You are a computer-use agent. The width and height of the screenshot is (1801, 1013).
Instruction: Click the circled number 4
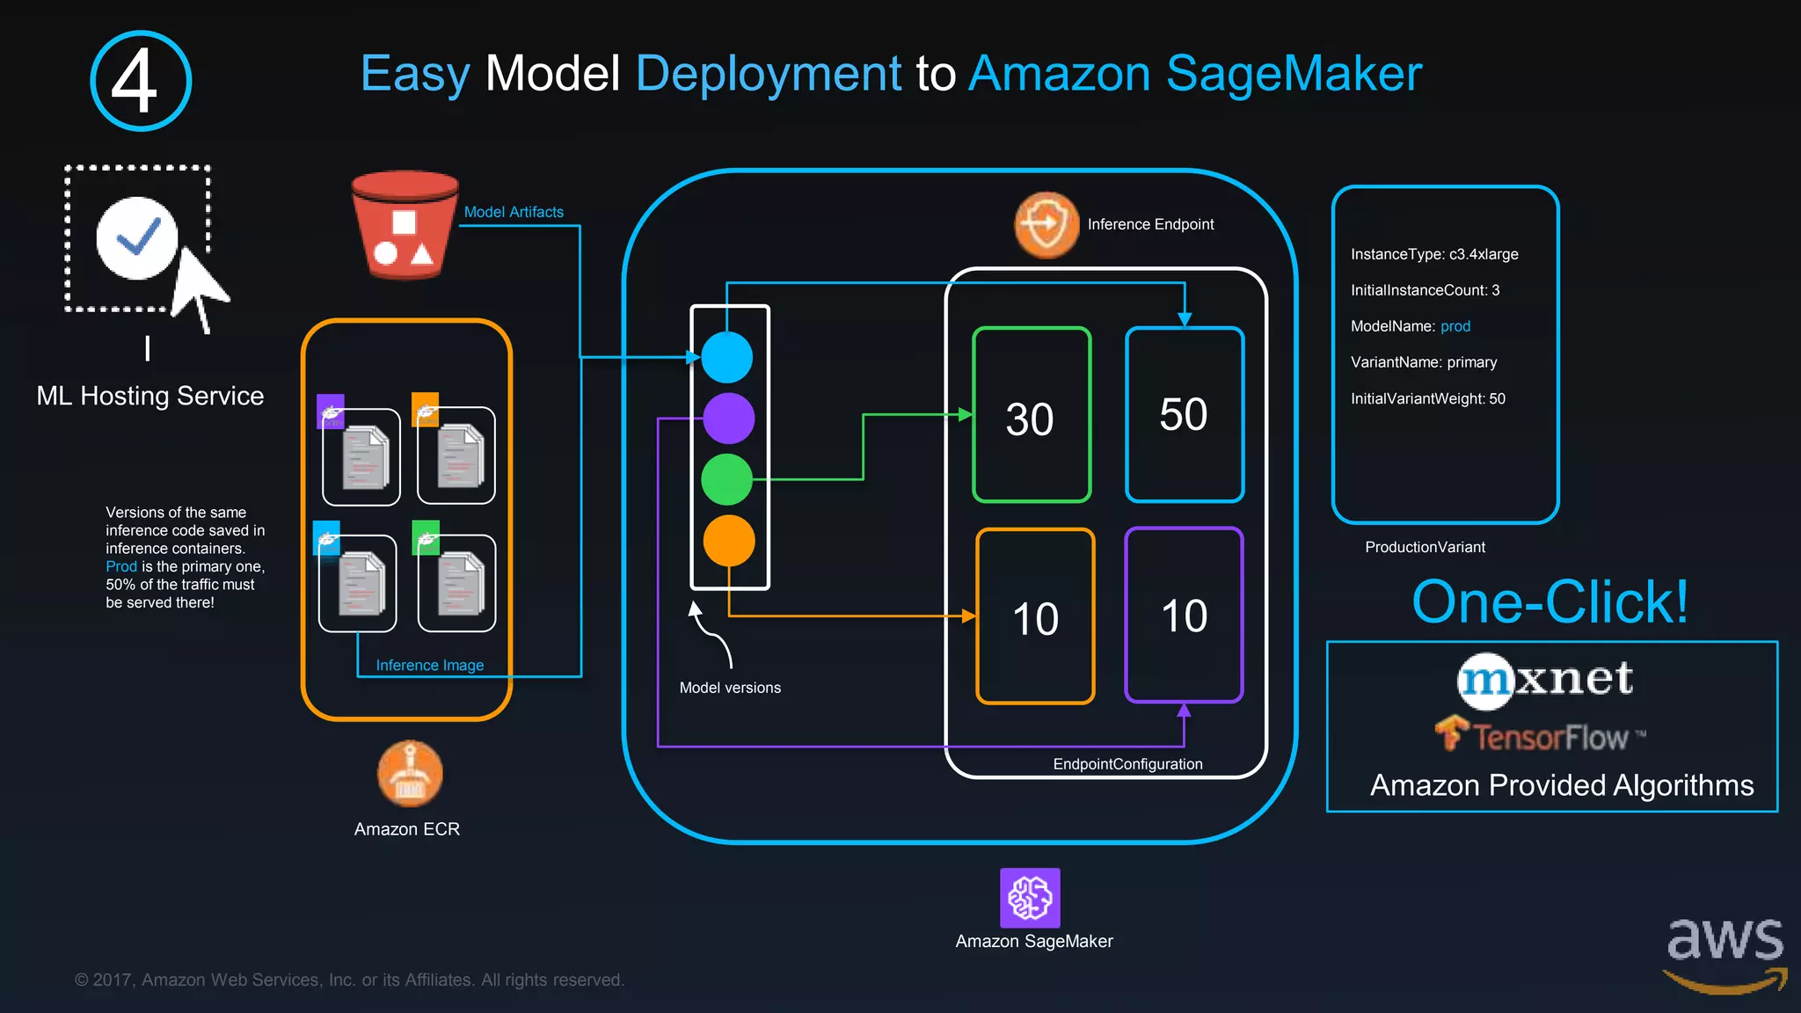pos(141,81)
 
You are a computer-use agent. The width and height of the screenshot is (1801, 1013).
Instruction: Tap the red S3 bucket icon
pos(405,225)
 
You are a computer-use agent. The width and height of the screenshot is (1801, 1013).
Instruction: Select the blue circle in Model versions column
pos(727,357)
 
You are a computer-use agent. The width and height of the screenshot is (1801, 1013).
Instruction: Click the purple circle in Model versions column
pos(728,418)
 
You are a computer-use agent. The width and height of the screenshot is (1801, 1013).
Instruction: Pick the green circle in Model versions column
pos(727,479)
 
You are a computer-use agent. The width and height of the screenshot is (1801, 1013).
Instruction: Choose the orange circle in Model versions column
pos(729,541)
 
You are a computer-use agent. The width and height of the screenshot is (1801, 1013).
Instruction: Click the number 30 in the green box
pos(1030,419)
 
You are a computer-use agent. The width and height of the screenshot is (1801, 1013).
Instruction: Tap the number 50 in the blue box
pos(1184,414)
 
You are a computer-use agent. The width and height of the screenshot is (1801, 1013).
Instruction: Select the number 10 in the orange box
pos(1035,618)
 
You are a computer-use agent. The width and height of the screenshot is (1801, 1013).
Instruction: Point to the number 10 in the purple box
pos(1184,616)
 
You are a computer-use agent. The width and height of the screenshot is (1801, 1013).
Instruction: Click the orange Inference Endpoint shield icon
pos(1046,225)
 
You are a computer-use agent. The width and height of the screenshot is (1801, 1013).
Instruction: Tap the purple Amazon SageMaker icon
pos(1030,898)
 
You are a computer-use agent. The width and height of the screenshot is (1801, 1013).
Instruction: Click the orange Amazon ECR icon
pos(409,774)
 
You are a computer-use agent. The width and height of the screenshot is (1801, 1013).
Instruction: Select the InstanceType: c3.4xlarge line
pos(1434,254)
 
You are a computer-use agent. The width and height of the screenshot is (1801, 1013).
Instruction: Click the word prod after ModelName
pos(1455,326)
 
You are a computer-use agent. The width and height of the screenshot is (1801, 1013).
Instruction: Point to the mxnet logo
pos(1545,680)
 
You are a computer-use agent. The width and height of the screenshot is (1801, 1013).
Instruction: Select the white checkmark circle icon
pos(137,237)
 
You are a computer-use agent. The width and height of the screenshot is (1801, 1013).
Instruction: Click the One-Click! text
pos(1549,602)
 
